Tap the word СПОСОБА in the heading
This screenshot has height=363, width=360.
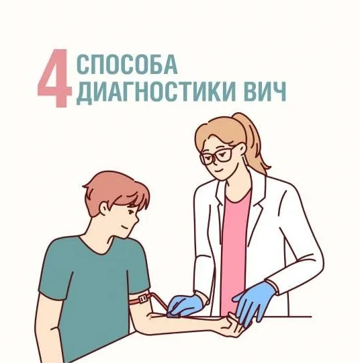coord(128,66)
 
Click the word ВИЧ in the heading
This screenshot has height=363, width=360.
coord(265,94)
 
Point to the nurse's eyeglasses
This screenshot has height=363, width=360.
coord(218,157)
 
